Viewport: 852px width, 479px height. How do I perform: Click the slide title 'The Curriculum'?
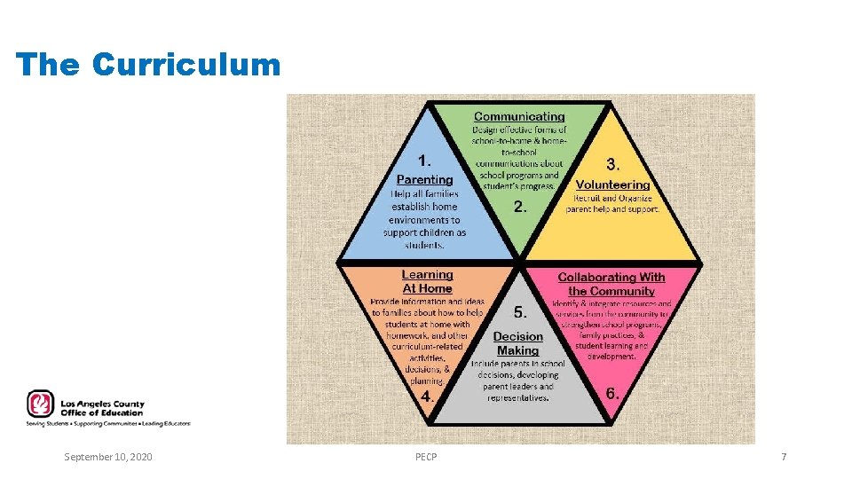click(148, 65)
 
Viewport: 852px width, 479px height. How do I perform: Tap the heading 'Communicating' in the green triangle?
click(519, 116)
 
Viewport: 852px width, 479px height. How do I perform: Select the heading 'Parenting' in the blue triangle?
click(424, 179)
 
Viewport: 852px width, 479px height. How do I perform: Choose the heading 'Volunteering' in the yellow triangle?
click(612, 185)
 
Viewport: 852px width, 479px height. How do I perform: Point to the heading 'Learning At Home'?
click(427, 281)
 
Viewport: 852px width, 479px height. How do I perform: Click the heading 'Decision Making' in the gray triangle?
click(517, 343)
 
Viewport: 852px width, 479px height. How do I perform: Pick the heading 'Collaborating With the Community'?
click(611, 284)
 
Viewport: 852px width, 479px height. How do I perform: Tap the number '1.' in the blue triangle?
click(425, 161)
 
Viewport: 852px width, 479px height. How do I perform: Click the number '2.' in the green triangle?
click(521, 207)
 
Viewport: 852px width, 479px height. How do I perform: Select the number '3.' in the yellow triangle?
click(613, 164)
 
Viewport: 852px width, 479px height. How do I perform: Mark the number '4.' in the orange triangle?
click(427, 397)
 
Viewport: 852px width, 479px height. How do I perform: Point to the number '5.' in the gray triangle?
click(521, 312)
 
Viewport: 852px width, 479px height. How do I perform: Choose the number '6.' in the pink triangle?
click(612, 392)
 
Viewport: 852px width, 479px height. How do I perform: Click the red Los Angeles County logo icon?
click(40, 404)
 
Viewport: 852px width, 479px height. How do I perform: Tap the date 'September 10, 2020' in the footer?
click(108, 457)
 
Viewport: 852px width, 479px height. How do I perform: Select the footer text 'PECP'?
click(426, 457)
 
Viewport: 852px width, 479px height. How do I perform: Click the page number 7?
click(784, 457)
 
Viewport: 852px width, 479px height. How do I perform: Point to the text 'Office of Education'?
click(101, 412)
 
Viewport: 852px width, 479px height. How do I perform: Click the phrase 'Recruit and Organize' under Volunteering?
click(613, 199)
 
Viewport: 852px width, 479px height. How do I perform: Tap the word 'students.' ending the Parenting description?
click(424, 245)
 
